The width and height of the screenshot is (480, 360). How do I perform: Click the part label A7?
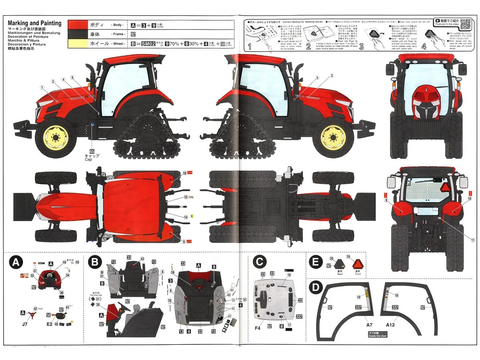click(x=368, y=326)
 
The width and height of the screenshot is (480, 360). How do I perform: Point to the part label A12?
click(x=390, y=326)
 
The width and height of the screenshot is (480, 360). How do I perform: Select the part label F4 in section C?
click(x=259, y=327)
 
